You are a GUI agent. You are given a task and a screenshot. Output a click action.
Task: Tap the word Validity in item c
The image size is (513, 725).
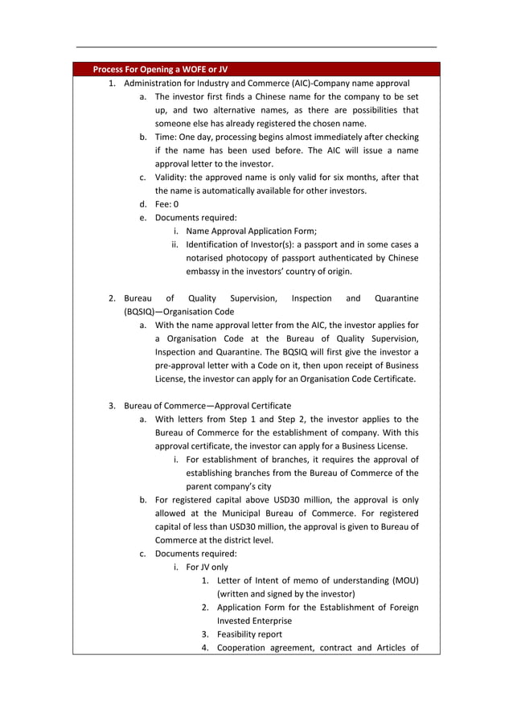tap(172, 177)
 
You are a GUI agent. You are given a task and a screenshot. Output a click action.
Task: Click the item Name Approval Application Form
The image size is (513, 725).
tap(251, 231)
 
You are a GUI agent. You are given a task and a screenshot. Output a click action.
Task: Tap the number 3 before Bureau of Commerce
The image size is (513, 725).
tap(112, 406)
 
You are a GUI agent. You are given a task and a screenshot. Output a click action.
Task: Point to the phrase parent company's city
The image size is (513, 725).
tap(228, 487)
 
